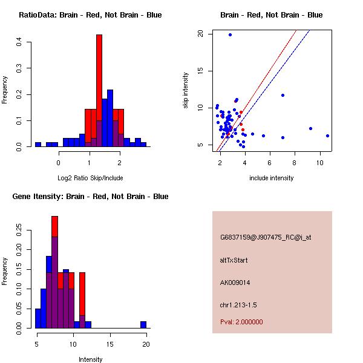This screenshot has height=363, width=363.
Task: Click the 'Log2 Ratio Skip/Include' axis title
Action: point(90,178)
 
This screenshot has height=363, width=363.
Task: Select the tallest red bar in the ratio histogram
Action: point(99,91)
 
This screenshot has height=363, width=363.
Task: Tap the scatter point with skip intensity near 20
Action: point(230,35)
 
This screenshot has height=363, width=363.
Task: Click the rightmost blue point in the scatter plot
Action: point(327,136)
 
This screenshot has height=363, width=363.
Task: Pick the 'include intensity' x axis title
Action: point(272,178)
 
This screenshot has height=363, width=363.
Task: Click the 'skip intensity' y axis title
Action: point(186,91)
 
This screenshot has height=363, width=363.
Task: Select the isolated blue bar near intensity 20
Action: point(143,324)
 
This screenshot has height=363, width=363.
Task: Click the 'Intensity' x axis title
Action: point(90,359)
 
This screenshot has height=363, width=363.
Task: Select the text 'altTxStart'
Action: point(234,260)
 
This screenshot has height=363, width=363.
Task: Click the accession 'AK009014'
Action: point(235,283)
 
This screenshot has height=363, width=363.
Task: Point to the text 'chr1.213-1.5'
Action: point(238,305)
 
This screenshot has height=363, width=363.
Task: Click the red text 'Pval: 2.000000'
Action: point(241,322)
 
